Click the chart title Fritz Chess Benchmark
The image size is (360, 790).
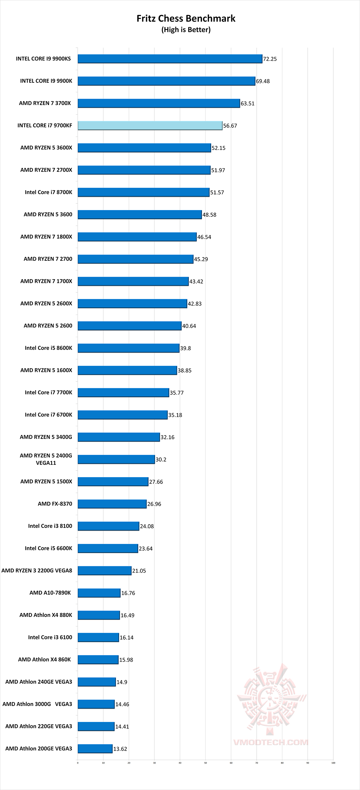point(186,18)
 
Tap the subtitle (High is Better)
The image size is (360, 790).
point(186,30)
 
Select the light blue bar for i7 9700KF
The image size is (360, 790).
point(150,125)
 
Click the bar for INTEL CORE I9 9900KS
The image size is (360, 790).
point(170,59)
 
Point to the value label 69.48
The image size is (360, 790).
point(263,81)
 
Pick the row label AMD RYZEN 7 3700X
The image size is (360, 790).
point(45,103)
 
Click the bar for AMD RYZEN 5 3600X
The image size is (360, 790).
point(144,148)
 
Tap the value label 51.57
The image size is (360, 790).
point(217,192)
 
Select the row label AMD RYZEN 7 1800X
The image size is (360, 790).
point(46,237)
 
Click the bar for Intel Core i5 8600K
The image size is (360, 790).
point(129,348)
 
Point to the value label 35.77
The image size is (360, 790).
point(177,393)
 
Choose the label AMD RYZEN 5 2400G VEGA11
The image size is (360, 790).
point(46,459)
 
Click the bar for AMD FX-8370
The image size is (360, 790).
point(112,504)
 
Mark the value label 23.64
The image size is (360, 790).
point(146,549)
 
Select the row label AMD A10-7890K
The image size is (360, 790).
point(50,593)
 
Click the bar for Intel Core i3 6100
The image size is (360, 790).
point(98,637)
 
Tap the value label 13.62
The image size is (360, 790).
point(120,749)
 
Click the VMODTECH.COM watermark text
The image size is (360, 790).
point(270,742)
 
